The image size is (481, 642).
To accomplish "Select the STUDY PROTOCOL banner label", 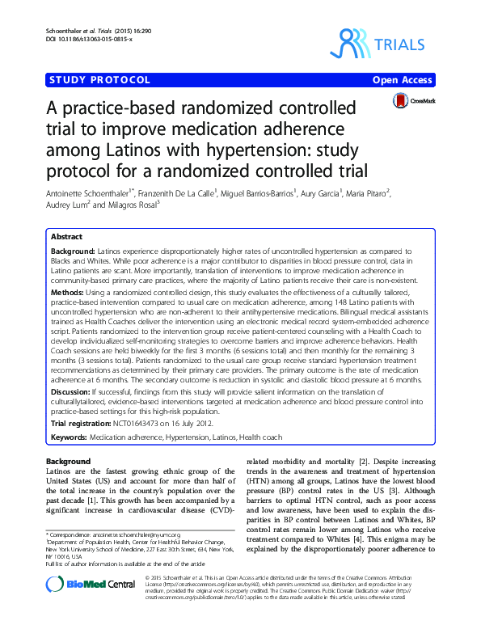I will point(99,80).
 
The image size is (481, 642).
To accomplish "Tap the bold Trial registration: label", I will point(86,421).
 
